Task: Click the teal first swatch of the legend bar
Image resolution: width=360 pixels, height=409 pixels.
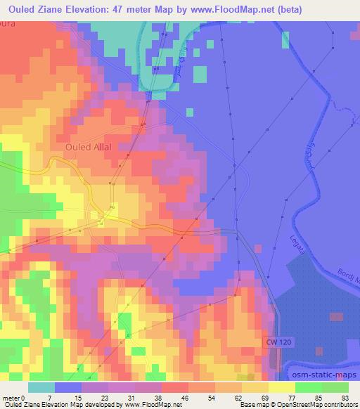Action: [41, 387]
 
